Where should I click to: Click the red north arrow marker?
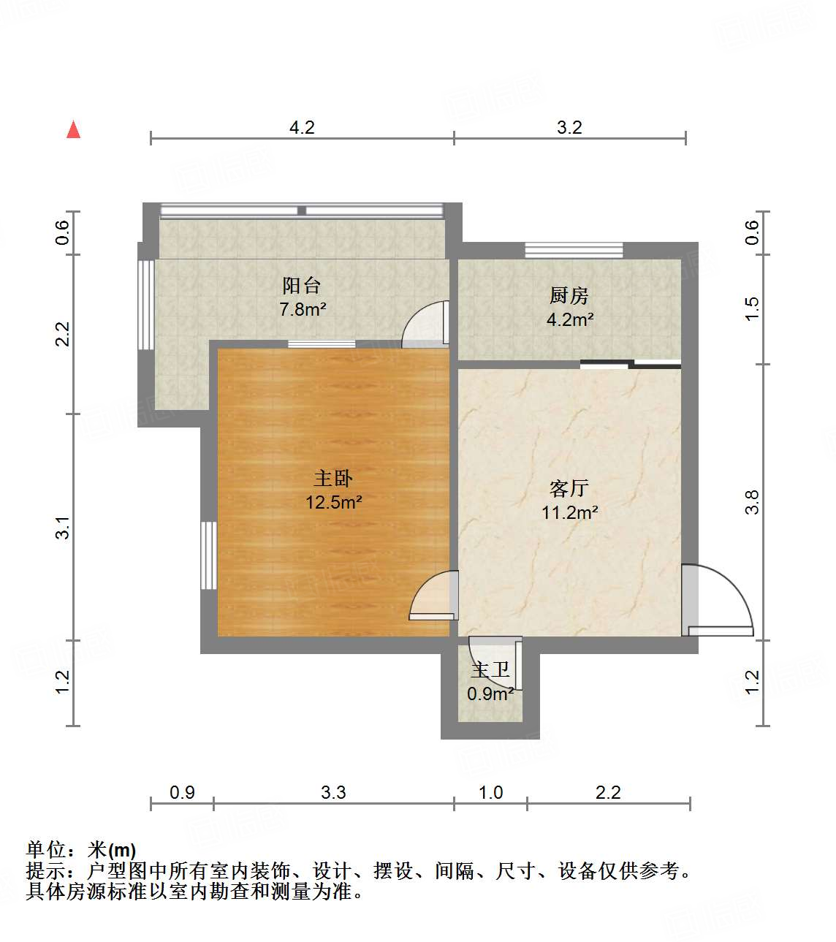pyautogui.click(x=73, y=129)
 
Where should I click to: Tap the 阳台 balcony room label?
pyautogui.click(x=301, y=286)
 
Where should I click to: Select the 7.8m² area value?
pyautogui.click(x=303, y=309)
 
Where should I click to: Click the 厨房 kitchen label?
pyautogui.click(x=569, y=296)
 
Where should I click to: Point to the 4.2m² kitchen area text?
pyautogui.click(x=570, y=319)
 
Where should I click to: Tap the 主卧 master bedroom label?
pyautogui.click(x=333, y=479)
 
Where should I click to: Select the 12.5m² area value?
pyautogui.click(x=334, y=502)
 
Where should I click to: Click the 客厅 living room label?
pyautogui.click(x=569, y=488)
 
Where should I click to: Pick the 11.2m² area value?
pyautogui.click(x=569, y=512)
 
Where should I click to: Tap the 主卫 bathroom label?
pyautogui.click(x=490, y=670)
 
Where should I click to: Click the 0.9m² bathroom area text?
pyautogui.click(x=490, y=694)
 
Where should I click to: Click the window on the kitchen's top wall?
pyautogui.click(x=574, y=250)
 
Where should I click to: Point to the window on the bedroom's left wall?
pyautogui.click(x=209, y=555)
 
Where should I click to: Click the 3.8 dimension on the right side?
pyautogui.click(x=752, y=502)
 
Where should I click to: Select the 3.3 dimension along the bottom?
pyautogui.click(x=333, y=792)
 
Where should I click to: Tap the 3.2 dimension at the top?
pyautogui.click(x=569, y=127)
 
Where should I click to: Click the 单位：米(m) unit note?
pyautogui.click(x=81, y=850)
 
